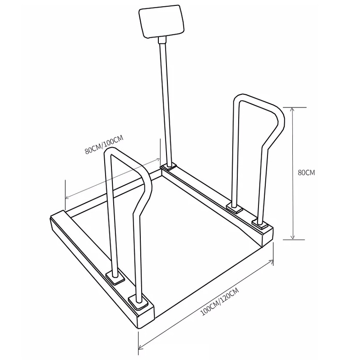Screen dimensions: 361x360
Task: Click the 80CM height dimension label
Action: pyautogui.click(x=307, y=172)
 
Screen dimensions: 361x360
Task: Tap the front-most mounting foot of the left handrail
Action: pyautogui.click(x=139, y=301)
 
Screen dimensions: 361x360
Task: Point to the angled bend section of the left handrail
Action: pyautogui.click(x=143, y=190)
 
